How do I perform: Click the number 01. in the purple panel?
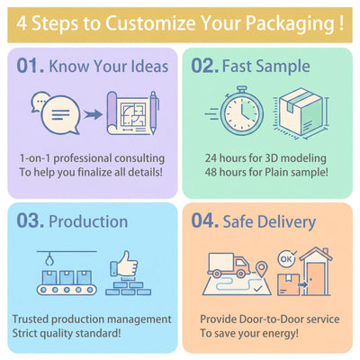pos(31,66)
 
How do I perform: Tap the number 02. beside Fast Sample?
pos(205,66)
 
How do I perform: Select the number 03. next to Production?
pos(31,220)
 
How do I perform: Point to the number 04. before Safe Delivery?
pos(205,220)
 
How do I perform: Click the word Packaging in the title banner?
pos(290,24)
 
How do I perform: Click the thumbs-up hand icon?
pos(124,264)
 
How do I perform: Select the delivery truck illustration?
pos(229,265)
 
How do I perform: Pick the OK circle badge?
pos(286,258)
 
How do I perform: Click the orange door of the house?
pos(316,279)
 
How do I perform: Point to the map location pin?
pos(262,269)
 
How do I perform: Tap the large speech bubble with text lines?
pos(61,115)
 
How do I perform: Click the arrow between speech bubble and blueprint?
pos(93,114)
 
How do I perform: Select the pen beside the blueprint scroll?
pos(154,112)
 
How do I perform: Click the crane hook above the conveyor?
pos(49,259)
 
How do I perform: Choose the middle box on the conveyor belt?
pos(67,277)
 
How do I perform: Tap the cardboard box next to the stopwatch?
pos(301,112)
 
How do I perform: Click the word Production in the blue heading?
pos(88,221)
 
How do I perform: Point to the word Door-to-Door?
pos(269,319)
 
